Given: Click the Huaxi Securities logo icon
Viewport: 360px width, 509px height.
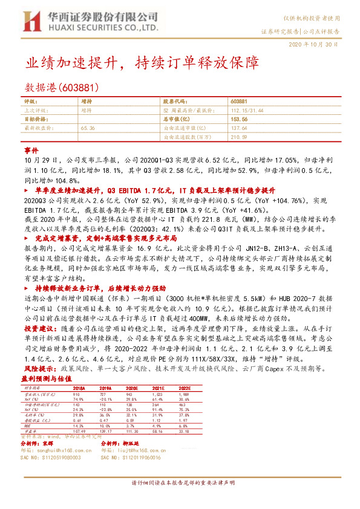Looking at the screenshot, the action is [x=30, y=22].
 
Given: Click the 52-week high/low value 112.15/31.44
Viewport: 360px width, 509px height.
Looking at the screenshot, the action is [x=248, y=111].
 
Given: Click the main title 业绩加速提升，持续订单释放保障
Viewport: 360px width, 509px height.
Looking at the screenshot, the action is [x=134, y=62].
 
